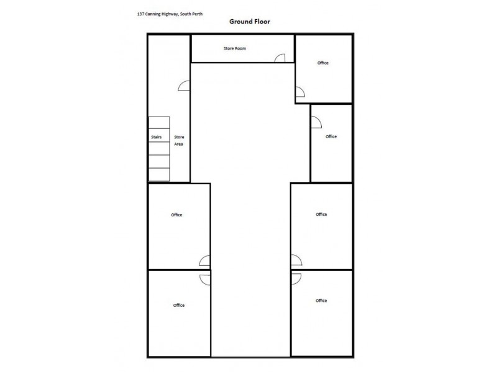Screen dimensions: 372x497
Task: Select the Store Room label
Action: [x=235, y=48]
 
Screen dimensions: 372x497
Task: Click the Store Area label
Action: [x=178, y=140]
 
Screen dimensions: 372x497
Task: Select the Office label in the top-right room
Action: [x=322, y=63]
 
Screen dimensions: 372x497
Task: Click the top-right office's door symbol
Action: [x=299, y=93]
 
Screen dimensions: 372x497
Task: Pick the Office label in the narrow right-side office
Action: [x=331, y=136]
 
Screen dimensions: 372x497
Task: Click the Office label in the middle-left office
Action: [x=177, y=215]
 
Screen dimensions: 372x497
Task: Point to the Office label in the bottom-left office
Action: [x=179, y=305]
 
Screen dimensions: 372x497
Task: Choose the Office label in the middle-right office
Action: [x=321, y=215]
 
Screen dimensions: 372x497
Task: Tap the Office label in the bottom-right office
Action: [x=321, y=301]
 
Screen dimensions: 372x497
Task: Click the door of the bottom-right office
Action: [x=296, y=278]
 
